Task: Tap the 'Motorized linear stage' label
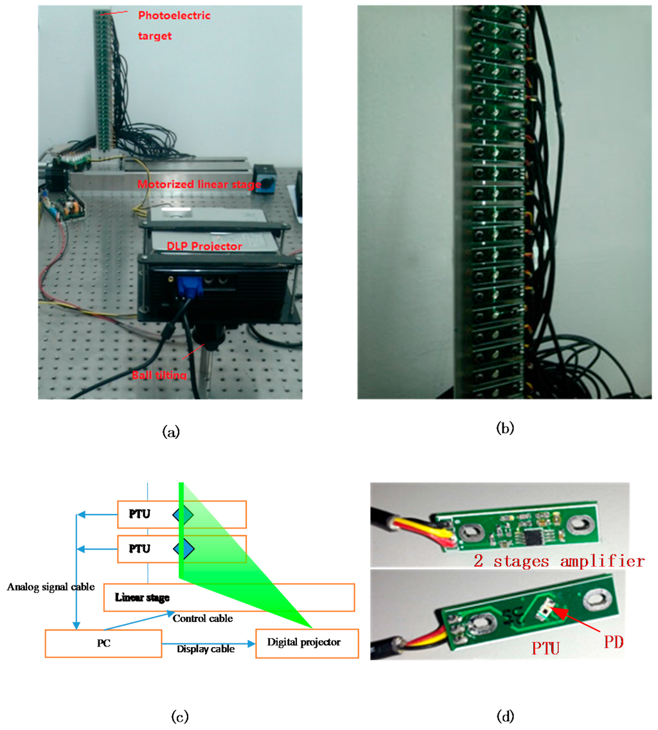coord(199,185)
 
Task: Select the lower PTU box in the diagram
coord(182,549)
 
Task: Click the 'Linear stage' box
coord(229,598)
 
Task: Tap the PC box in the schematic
coord(103,643)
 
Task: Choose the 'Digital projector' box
coord(307,643)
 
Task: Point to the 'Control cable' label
coord(202,618)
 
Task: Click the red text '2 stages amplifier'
coord(558,561)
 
